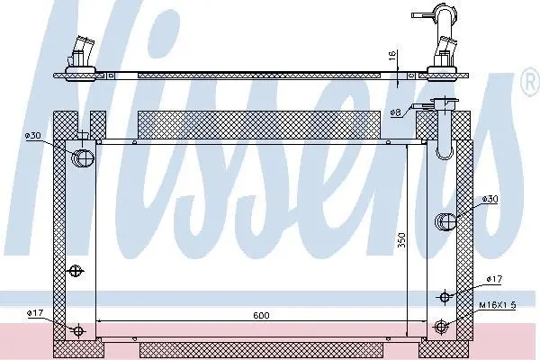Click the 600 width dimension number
tap(261, 315)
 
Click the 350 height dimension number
tap(402, 240)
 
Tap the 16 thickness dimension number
tap(392, 56)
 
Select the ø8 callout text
tap(396, 112)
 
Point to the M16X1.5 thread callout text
tap(498, 305)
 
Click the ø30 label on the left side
tap(32, 136)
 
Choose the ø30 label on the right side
tap(490, 199)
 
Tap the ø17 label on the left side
tap(35, 313)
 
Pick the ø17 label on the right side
tap(494, 279)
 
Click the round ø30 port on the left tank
tap(82, 158)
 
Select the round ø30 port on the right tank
tap(445, 221)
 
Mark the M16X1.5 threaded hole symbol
tap(441, 326)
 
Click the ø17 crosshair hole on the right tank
tap(445, 296)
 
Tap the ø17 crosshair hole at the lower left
tap(79, 331)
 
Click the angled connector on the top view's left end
tap(81, 51)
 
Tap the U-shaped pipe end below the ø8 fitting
tap(445, 130)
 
